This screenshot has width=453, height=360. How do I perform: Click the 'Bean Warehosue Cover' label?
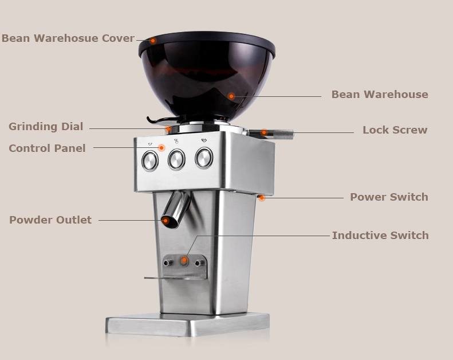click(68, 39)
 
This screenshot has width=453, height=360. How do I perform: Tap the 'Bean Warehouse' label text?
click(379, 95)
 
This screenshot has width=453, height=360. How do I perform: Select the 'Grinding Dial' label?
click(46, 127)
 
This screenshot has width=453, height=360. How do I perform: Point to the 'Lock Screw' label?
click(395, 130)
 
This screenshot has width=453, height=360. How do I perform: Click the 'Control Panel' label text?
click(47, 148)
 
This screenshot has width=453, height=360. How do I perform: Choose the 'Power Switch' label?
click(389, 197)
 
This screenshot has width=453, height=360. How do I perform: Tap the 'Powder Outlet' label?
click(50, 220)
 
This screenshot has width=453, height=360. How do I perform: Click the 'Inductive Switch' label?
click(380, 236)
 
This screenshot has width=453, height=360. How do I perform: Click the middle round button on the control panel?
click(176, 159)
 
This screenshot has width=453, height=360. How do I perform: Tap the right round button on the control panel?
click(204, 158)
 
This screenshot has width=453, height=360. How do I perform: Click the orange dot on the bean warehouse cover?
click(153, 41)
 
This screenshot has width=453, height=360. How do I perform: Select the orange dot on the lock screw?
click(264, 132)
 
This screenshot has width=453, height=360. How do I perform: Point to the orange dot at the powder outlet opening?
click(166, 220)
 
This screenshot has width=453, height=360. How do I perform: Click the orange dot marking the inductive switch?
click(184, 260)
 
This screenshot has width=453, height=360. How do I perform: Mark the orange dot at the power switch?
click(262, 198)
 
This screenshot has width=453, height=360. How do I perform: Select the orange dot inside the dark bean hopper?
click(231, 96)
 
